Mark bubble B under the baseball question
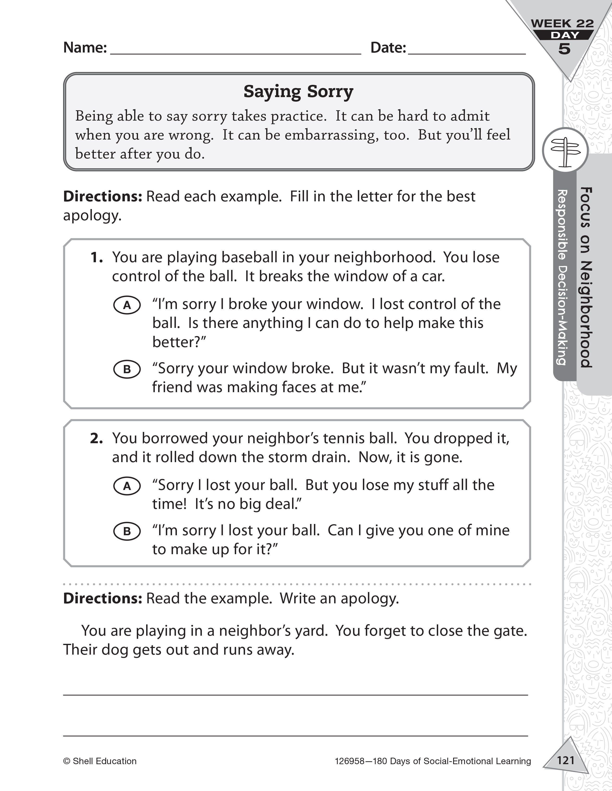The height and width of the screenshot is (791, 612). point(127,369)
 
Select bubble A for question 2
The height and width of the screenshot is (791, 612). point(127,486)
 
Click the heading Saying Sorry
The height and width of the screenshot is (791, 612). point(298,92)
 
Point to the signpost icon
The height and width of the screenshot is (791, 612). point(565,151)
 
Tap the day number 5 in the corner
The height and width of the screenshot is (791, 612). point(564,48)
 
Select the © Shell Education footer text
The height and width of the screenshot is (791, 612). point(100,761)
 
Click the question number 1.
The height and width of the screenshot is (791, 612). point(96,257)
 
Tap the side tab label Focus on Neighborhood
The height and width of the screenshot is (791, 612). point(586,277)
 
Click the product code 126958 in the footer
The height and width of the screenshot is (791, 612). point(349,761)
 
